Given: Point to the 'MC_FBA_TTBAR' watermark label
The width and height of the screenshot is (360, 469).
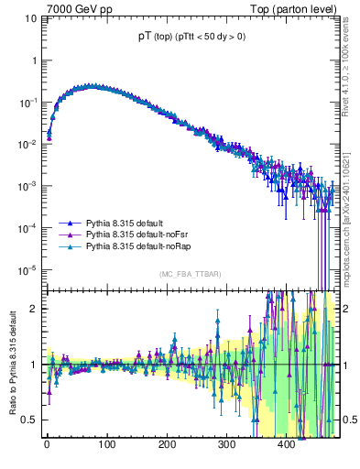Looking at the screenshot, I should tap(188, 275).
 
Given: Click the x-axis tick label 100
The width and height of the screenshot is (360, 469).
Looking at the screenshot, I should tap(106, 444).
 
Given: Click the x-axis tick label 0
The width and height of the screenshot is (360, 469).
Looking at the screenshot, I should tap(47, 444).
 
